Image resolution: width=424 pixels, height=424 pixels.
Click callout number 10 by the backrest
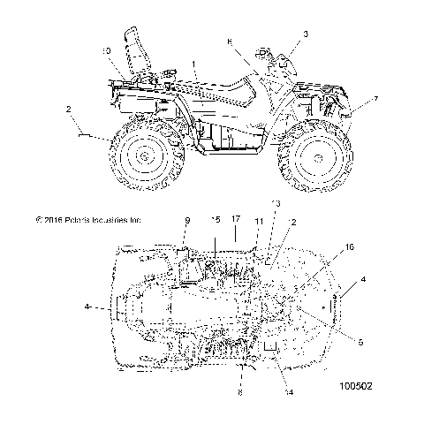pyautogui.click(x=105, y=52)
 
